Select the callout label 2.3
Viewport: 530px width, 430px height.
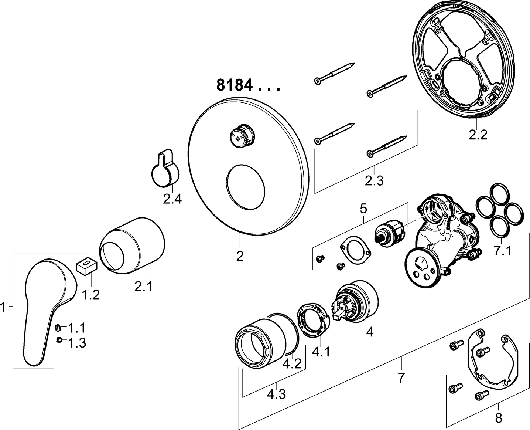(x=374, y=181)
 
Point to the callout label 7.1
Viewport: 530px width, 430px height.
(x=502, y=251)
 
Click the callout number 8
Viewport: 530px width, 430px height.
(x=498, y=418)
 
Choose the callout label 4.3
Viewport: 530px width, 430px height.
(x=276, y=395)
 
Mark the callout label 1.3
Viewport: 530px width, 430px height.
(x=77, y=343)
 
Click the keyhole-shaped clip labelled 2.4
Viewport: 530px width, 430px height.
(x=166, y=169)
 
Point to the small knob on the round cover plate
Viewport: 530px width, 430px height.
(x=242, y=135)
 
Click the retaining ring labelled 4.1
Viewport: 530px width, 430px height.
(x=313, y=320)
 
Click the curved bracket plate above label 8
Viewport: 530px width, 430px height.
(x=493, y=362)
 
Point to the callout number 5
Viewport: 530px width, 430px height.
(x=363, y=209)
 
